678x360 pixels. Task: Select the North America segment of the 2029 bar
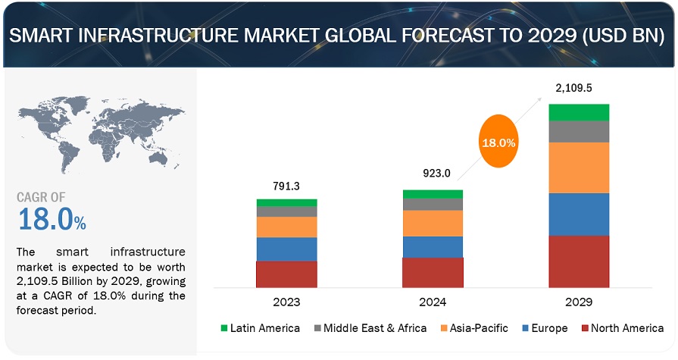pos(579,261)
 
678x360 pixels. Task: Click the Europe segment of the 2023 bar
pos(286,249)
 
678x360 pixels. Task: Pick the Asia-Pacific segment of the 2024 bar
pos(432,223)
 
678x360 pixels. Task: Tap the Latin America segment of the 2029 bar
pos(579,112)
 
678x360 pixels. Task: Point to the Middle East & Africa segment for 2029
pos(579,132)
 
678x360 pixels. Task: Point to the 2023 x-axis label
pos(286,302)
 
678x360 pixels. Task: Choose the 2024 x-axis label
pos(432,302)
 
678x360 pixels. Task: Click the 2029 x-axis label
pos(579,302)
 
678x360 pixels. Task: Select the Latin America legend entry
pos(261,328)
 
